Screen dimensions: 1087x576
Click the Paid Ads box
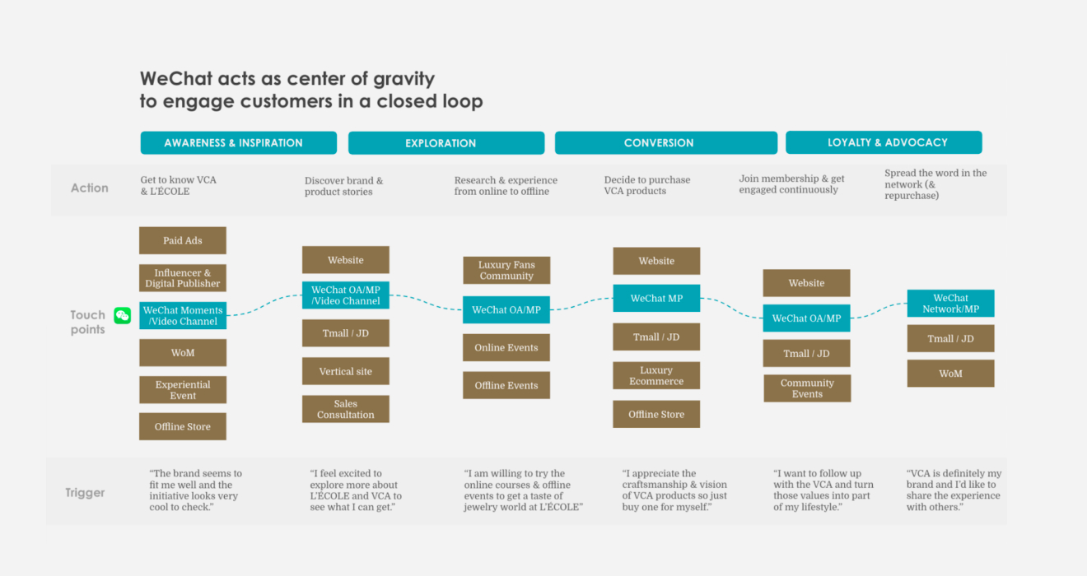click(x=183, y=240)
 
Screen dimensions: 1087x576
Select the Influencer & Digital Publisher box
click(x=183, y=278)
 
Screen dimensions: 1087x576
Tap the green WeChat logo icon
click(x=122, y=316)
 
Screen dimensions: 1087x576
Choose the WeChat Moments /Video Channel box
click(x=183, y=316)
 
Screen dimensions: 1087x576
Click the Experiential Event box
click(x=183, y=390)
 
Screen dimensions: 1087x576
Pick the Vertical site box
click(x=346, y=371)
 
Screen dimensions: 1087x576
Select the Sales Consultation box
click(x=346, y=409)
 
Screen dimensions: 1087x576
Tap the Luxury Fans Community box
click(x=506, y=270)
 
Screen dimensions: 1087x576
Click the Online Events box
click(x=506, y=347)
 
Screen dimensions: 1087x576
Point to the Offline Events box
click(x=506, y=385)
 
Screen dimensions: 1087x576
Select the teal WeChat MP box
click(x=656, y=298)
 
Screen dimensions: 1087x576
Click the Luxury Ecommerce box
click(x=656, y=376)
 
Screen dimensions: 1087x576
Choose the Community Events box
click(x=807, y=388)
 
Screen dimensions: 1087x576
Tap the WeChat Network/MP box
click(x=950, y=304)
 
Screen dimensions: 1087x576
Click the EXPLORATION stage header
click(x=446, y=143)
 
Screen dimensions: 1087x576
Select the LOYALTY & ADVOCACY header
click(x=884, y=142)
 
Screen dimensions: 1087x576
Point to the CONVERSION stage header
click(x=665, y=143)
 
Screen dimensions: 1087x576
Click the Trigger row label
click(x=85, y=493)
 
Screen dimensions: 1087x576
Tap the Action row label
click(x=89, y=188)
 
